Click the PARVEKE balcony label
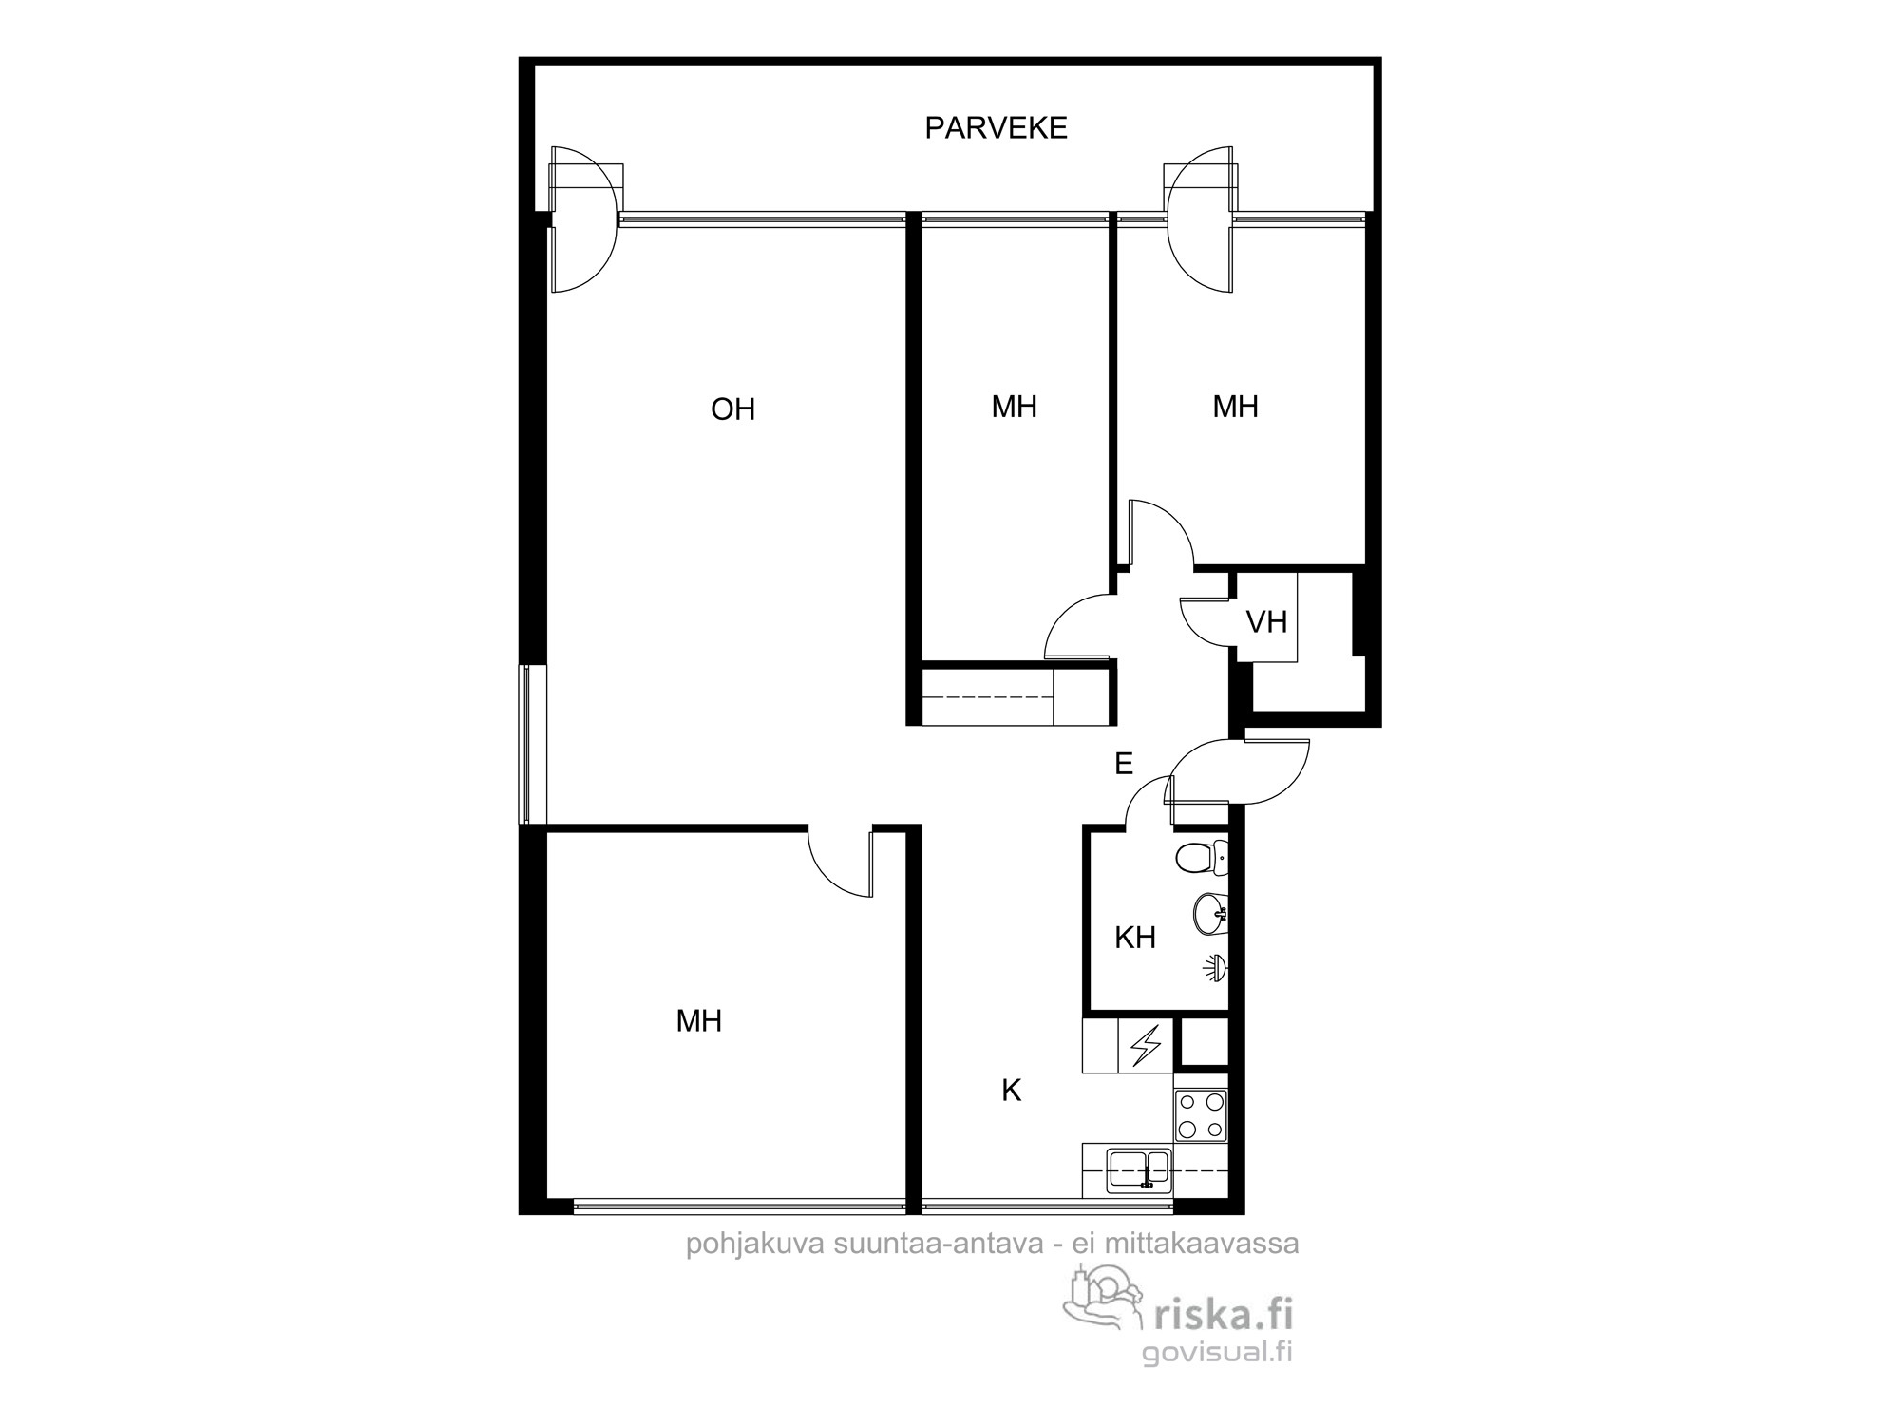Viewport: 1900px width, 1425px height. coord(996,128)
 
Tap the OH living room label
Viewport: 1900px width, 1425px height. coord(732,409)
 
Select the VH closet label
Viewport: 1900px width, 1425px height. coord(1266,622)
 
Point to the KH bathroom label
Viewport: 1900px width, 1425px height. coord(1134,938)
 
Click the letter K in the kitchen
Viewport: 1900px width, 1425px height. coord(1011,1091)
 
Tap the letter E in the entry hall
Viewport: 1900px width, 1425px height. coord(1124,763)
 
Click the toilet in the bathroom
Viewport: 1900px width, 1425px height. coord(1202,858)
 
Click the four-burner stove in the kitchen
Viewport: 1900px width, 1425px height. coord(1201,1115)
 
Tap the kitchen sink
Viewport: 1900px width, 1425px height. coord(1139,1169)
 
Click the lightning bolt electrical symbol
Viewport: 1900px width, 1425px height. coord(1148,1046)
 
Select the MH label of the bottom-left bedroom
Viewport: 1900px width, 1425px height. coord(698,1021)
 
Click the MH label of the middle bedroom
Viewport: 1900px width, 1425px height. coord(1014,407)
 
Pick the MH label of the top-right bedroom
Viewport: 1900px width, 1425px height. coord(1235,407)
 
